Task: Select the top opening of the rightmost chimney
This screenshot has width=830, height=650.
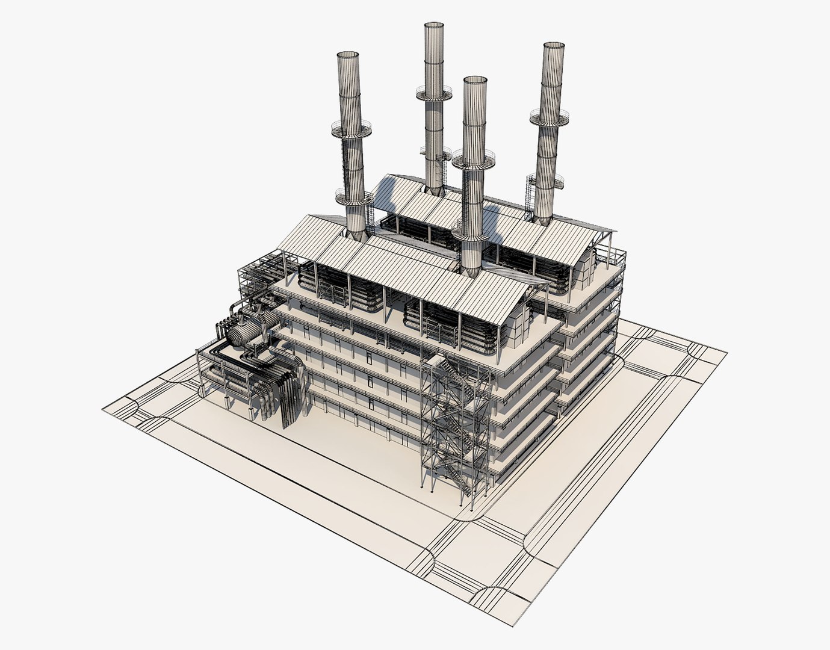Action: [553, 46]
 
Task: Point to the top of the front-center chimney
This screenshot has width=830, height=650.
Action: [475, 80]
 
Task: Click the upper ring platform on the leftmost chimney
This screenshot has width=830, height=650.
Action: [351, 128]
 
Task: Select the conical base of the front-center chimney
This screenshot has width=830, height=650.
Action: [472, 262]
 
